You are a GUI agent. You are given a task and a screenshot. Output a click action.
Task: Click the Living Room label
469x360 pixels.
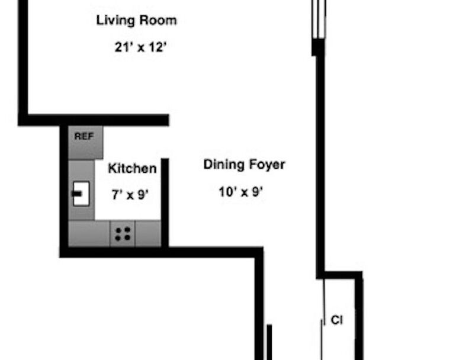point(136,21)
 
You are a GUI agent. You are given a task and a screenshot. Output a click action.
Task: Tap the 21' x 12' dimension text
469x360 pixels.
point(140,47)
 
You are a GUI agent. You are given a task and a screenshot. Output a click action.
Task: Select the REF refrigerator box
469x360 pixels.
point(85,142)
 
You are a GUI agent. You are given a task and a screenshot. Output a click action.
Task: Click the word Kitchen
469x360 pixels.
point(132,168)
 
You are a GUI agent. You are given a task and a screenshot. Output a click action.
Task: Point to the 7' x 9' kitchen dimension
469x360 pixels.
point(130,195)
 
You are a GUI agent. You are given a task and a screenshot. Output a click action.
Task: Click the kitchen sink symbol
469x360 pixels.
point(81,194)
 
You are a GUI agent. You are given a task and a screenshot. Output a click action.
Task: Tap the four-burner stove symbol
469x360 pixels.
point(123,234)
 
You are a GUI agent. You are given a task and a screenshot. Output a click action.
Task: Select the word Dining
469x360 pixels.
point(224,165)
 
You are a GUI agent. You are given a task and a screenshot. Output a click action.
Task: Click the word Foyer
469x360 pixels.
point(267,165)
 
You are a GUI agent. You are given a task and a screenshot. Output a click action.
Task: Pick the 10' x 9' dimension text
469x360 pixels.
point(241,192)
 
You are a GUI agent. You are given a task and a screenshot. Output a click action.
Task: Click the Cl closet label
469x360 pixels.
point(337,320)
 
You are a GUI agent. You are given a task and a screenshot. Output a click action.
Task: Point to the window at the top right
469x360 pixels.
point(319,19)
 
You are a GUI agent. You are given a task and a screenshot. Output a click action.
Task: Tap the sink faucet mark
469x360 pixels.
point(77,194)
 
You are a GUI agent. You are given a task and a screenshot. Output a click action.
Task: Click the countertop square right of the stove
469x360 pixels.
point(148,234)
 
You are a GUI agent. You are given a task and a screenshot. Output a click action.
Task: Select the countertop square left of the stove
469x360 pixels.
point(89,234)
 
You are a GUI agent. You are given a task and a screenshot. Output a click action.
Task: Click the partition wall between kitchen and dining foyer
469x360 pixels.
point(165,202)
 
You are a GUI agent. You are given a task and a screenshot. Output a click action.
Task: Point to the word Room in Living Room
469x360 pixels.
point(158,20)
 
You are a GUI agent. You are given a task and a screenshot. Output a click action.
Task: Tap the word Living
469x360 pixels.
point(115,21)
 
